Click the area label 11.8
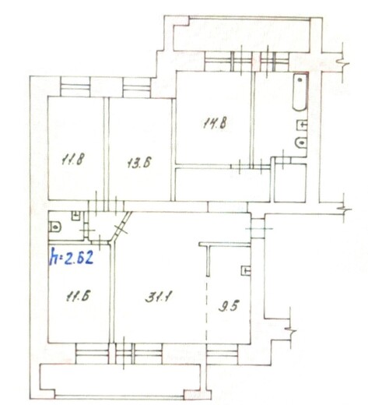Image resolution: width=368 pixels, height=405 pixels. point(73,159)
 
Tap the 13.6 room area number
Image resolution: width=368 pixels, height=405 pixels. point(139,163)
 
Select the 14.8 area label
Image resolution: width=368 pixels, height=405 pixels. point(214,123)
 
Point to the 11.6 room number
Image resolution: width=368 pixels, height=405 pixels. point(78,296)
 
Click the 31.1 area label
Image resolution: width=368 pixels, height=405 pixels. point(159,296)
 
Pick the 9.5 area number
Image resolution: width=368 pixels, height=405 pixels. point(228,305)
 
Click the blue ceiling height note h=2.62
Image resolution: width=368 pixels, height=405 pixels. point(72,255)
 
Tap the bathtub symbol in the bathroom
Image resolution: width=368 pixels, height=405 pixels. point(300,93)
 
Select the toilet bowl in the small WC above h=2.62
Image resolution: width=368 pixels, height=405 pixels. point(54,227)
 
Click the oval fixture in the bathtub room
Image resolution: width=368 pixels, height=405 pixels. point(301,143)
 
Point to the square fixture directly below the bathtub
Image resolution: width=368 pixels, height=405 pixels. point(302,125)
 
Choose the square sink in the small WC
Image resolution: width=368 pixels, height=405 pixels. point(75,216)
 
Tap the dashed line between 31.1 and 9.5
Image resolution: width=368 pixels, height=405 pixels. point(207,310)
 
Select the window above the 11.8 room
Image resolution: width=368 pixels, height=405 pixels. point(75,86)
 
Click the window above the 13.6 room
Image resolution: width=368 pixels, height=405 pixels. point(137,87)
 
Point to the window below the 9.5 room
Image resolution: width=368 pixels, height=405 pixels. point(223,354)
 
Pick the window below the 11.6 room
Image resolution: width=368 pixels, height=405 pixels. point(92,354)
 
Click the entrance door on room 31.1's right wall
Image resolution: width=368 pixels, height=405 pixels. point(258,228)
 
